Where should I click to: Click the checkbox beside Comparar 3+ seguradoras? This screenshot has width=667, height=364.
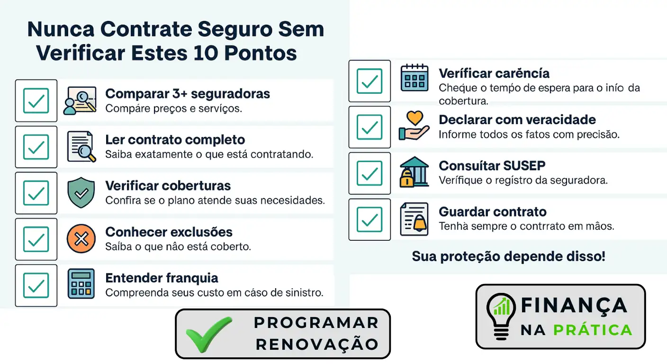pyautogui.click(x=36, y=100)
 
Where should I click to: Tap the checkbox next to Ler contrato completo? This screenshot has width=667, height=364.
pyautogui.click(x=36, y=147)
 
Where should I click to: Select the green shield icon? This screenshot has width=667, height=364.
pyautogui.click(x=81, y=193)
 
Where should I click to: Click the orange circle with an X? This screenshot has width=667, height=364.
pyautogui.click(x=81, y=239)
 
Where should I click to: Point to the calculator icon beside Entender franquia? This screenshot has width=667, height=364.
pyautogui.click(x=81, y=284)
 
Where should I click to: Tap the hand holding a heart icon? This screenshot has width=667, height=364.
pyautogui.click(x=414, y=125)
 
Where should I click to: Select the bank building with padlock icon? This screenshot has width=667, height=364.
pyautogui.click(x=414, y=172)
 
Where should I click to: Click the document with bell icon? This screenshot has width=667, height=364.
pyautogui.click(x=414, y=218)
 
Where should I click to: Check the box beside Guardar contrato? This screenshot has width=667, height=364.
pyautogui.click(x=370, y=219)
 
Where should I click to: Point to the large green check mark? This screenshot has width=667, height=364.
pyautogui.click(x=209, y=334)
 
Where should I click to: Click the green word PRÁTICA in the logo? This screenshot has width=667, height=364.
pyautogui.click(x=593, y=330)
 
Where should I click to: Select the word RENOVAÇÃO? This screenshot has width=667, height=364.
pyautogui.click(x=317, y=344)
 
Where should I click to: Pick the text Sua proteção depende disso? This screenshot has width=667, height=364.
pyautogui.click(x=508, y=256)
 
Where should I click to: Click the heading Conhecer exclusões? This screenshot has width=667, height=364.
pyautogui.click(x=169, y=232)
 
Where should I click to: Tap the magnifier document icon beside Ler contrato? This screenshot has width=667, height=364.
pyautogui.click(x=81, y=147)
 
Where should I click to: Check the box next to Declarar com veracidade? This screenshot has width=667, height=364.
pyautogui.click(x=370, y=127)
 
